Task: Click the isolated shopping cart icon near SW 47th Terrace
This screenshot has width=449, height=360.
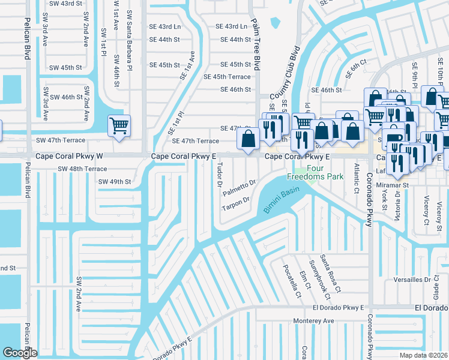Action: (x=119, y=126)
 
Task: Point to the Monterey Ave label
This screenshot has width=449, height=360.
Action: (x=313, y=321)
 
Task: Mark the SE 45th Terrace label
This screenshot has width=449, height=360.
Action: (x=227, y=77)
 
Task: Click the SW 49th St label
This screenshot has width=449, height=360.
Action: (x=114, y=181)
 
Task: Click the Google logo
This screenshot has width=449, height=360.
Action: (x=19, y=353)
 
